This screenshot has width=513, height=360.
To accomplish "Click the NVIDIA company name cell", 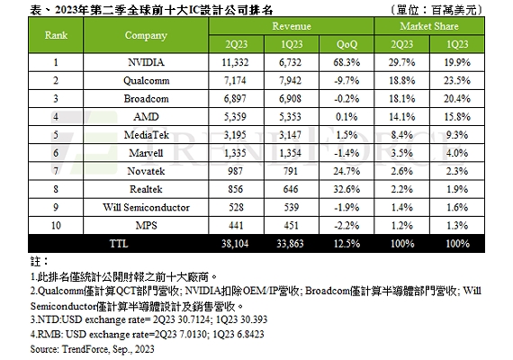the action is click(146, 62).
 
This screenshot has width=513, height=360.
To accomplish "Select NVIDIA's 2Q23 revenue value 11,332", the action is click(235, 62).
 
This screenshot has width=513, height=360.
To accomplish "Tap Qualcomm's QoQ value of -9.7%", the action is click(346, 80).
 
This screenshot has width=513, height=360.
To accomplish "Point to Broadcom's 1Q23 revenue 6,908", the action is click(290, 98).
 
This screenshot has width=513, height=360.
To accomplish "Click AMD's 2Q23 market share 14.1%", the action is click(401, 117).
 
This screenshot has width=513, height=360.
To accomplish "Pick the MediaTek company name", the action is click(146, 135).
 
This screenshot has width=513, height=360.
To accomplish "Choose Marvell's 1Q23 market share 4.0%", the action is click(457, 153).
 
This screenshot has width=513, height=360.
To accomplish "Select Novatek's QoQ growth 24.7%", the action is click(346, 171).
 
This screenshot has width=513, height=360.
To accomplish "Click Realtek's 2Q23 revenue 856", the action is click(236, 189).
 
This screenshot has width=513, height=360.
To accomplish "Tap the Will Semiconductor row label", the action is click(146, 208).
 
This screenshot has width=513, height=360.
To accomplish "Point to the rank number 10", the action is click(56, 226).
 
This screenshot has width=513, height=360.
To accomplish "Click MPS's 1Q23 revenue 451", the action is click(291, 226).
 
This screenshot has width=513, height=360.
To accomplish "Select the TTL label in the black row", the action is click(119, 244).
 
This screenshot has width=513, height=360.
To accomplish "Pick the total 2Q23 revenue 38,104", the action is click(235, 244).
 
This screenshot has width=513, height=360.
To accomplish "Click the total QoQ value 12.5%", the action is click(346, 244).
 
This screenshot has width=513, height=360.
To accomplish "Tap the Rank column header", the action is click(56, 35).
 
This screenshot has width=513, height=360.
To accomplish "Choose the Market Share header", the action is click(429, 26).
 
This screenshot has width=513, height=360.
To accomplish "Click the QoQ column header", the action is click(346, 44).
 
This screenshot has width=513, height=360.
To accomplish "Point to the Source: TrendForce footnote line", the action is click(93, 349).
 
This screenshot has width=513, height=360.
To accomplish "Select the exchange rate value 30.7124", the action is click(189, 319).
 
